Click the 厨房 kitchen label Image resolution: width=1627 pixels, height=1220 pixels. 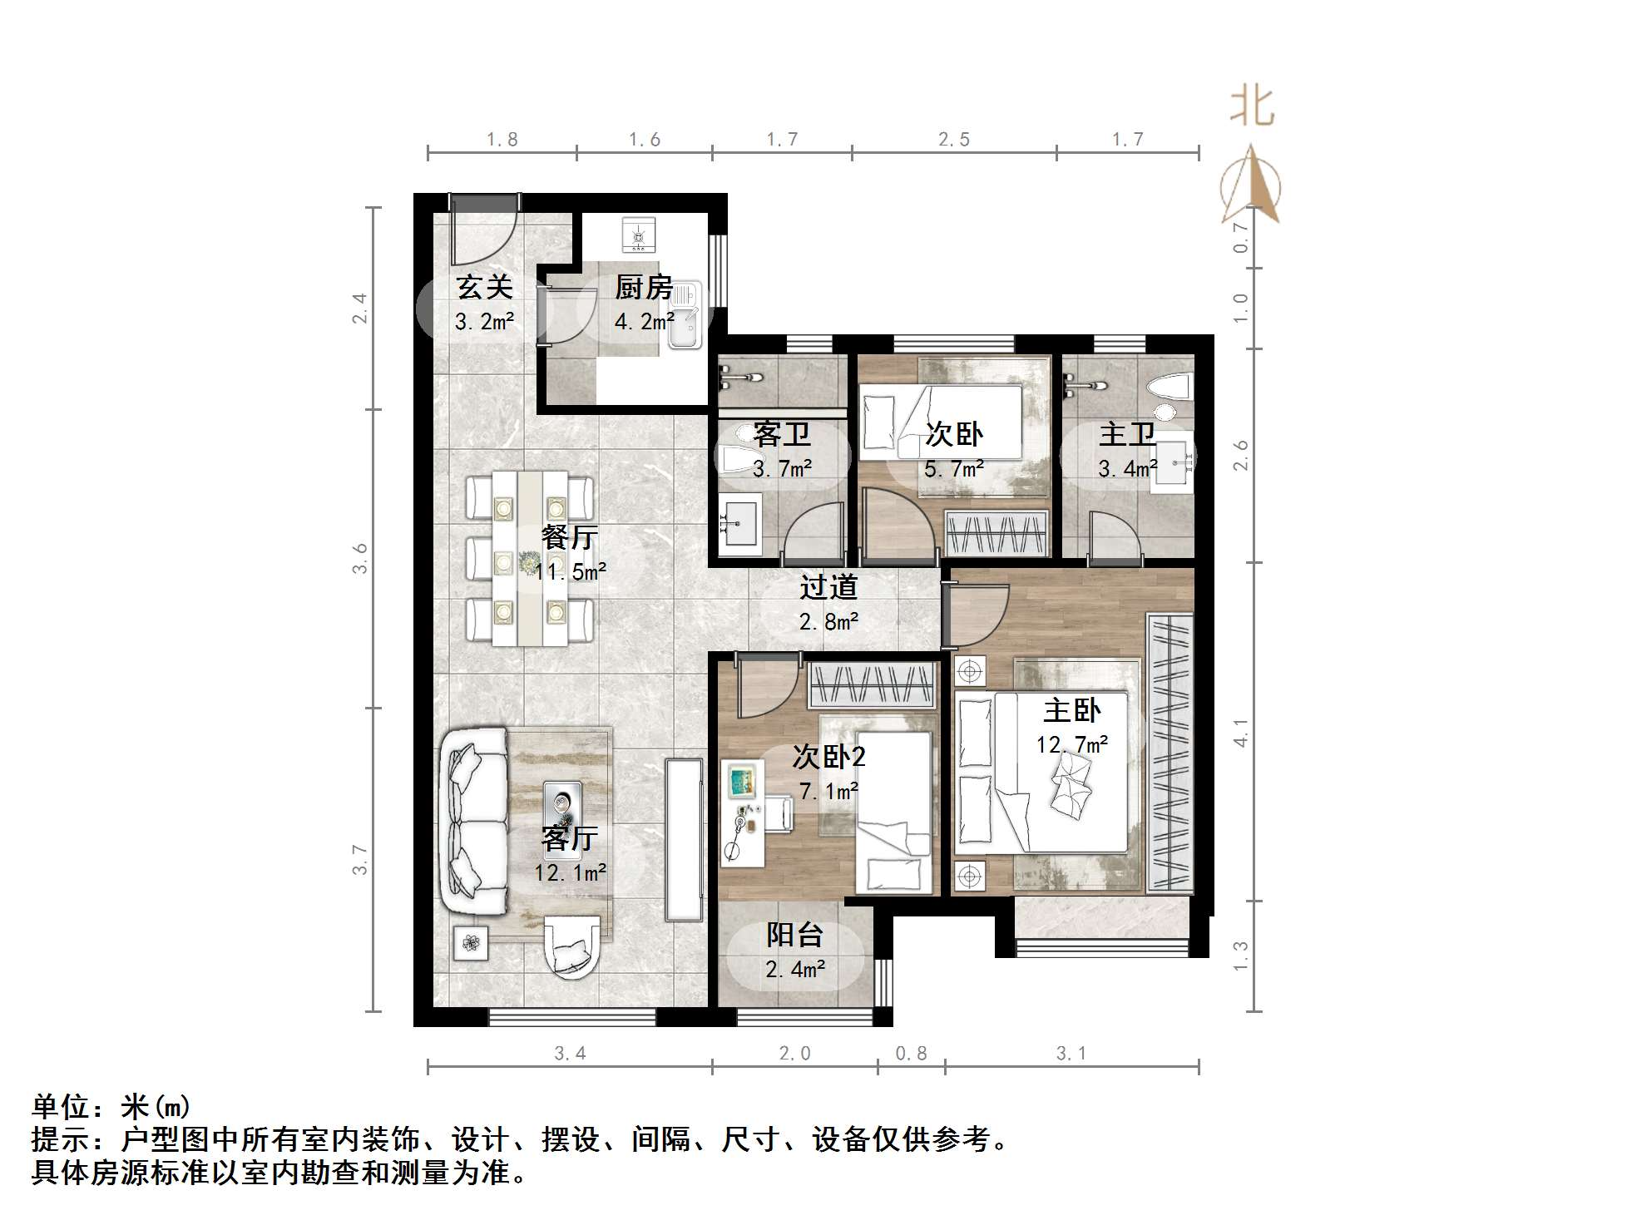tap(643, 288)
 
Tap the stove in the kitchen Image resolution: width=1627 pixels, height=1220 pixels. tap(638, 235)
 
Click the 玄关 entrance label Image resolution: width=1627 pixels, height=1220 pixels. tap(484, 288)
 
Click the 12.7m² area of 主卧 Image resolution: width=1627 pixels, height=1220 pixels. tap(1071, 744)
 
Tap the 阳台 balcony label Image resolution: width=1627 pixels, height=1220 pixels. tap(794, 935)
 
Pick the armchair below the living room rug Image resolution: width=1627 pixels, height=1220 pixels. tap(571, 947)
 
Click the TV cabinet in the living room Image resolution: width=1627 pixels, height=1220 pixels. tap(684, 839)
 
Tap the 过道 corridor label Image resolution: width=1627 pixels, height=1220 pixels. tap(828, 587)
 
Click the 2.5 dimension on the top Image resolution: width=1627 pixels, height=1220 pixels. tap(954, 140)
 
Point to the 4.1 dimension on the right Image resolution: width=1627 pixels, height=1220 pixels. tap(1240, 733)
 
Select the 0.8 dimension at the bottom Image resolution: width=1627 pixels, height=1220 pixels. tap(911, 1054)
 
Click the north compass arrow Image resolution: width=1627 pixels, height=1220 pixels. tap(1251, 187)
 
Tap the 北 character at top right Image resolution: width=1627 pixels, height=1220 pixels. tap(1252, 107)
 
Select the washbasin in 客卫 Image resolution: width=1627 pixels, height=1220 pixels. tap(739, 524)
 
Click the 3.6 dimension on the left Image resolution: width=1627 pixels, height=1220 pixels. tap(359, 558)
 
